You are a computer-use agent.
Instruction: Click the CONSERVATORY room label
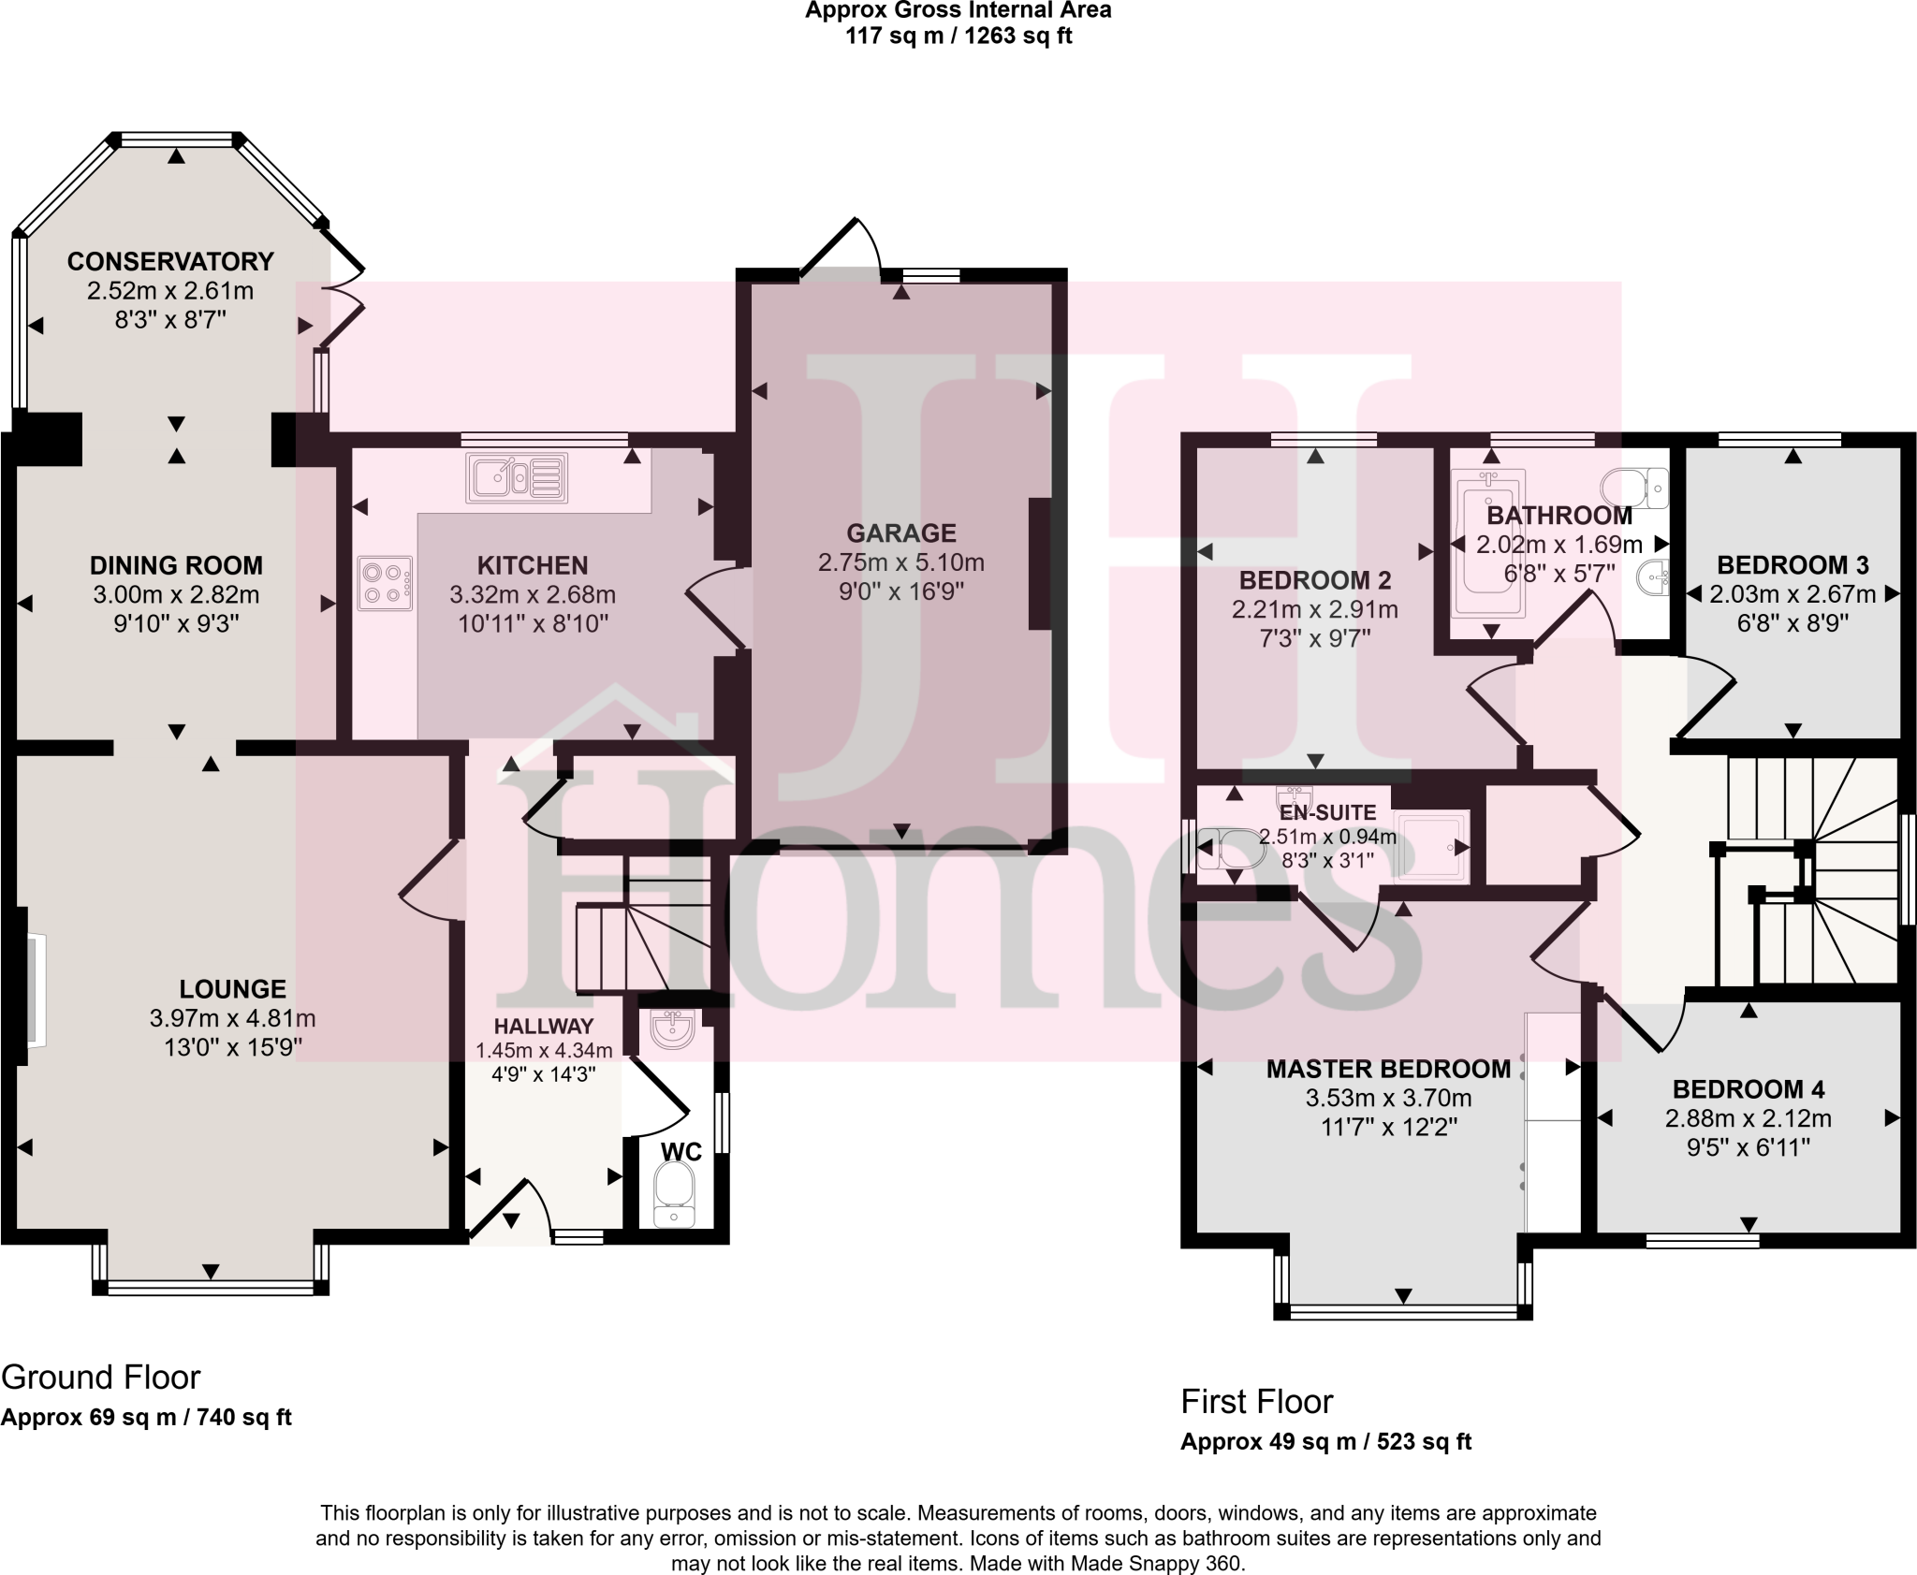170,261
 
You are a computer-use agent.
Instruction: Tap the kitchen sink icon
517,476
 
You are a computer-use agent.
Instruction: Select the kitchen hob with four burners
386,583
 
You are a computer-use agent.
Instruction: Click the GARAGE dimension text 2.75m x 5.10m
900,562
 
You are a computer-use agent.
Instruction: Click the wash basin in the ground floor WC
673,1030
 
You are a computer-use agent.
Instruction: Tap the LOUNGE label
232,989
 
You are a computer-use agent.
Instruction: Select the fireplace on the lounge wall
32,989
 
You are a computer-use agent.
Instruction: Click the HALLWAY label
544,1027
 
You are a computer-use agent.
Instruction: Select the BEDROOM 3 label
1793,565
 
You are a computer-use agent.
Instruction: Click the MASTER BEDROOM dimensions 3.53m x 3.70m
1388,1098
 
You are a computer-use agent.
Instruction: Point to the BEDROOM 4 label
1749,1089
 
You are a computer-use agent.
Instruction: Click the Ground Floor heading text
101,1378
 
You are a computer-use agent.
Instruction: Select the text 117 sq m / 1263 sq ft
958,36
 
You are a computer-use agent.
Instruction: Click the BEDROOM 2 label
1314,580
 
